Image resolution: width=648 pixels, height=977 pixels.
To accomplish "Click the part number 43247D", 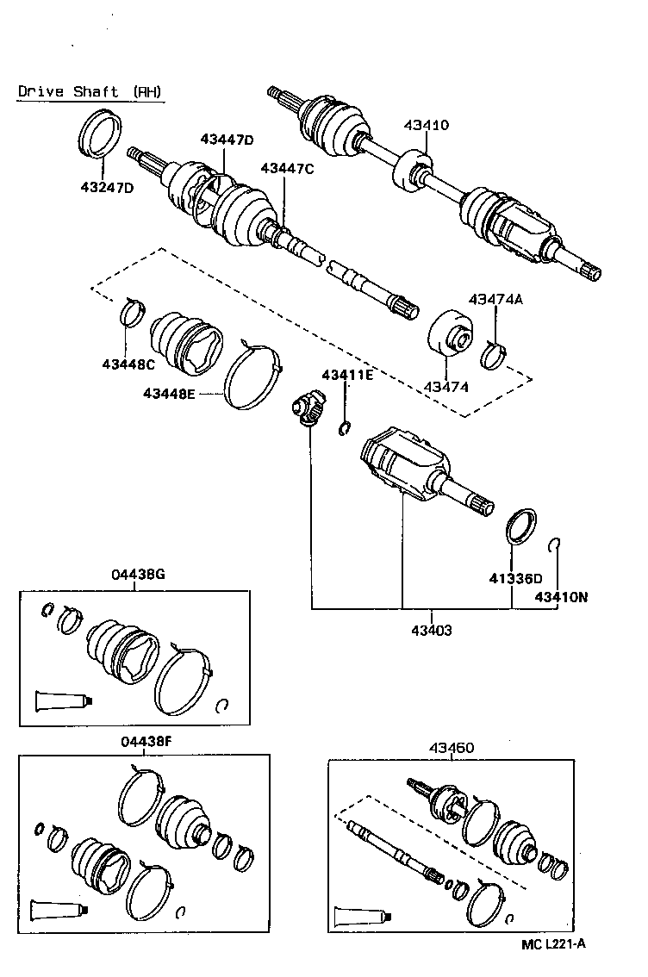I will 108,186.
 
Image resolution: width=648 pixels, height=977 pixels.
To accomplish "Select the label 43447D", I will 227,139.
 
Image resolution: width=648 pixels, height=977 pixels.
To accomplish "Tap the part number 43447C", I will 287,169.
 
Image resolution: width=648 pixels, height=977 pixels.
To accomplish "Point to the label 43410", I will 426,125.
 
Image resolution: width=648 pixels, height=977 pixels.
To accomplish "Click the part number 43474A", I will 496,299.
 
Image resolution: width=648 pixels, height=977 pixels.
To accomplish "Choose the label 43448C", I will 128,364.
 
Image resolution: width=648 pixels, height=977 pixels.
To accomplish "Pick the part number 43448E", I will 170,394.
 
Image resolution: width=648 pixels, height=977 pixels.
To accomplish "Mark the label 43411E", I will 347,375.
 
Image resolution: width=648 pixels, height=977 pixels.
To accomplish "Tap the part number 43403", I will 431,630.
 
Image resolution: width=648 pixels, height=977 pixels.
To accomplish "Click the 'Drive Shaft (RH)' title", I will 89,91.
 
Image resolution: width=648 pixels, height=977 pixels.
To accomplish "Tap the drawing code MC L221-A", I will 553,943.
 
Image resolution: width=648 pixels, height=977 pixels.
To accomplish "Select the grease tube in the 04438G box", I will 60,701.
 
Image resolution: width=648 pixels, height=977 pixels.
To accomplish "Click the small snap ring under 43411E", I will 346,427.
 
